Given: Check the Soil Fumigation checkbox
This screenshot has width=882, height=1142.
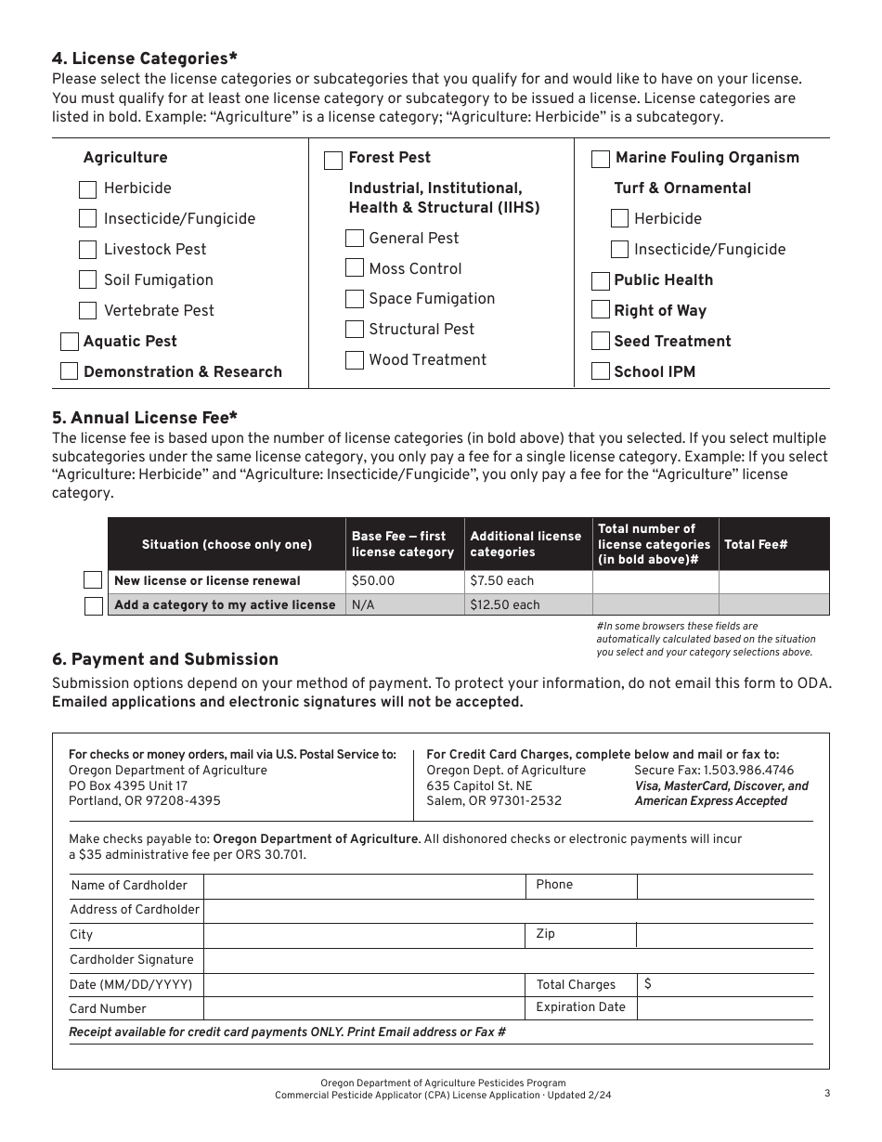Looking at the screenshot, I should pos(88,279).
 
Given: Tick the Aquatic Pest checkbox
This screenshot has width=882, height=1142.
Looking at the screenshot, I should pos(70,341).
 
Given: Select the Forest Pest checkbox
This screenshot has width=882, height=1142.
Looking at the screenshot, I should pos(333,161).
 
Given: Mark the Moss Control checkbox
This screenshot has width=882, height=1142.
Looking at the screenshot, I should pos(355,268).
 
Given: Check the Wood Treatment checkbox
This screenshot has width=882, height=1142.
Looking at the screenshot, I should pos(355,360).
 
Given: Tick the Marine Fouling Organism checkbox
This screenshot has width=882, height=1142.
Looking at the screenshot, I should pos(601,159).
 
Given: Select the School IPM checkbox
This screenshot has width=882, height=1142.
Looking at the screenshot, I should pos(601,371).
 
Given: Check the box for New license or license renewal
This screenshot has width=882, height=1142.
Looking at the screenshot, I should pos(93,581).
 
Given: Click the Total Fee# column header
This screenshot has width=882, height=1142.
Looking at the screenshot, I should pos(756,544).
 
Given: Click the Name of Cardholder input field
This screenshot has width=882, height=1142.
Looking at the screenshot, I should pos(364,886).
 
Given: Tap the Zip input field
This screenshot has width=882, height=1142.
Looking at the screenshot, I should pos(724,935).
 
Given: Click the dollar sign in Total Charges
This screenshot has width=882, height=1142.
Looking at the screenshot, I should pos(647,984).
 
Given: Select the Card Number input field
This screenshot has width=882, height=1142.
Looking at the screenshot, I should pos(364,1008).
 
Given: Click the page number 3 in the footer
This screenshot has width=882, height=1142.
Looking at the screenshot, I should pos(826,1094).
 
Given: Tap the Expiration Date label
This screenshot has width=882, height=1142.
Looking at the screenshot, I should pos(580,1007).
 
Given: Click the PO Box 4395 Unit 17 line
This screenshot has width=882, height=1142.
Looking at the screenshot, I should pos(128,785).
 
